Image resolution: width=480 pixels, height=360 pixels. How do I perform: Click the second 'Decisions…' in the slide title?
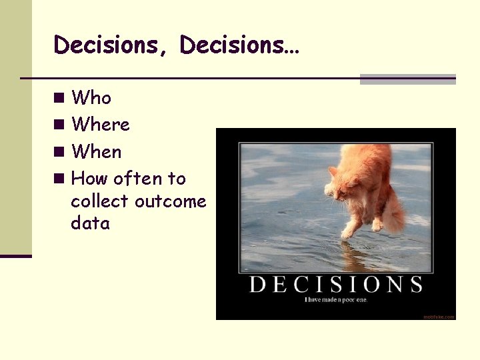pos(239,45)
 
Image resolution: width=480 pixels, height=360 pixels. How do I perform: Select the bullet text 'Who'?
pos(91,98)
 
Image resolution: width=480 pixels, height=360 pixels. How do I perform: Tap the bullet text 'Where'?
pos(101,125)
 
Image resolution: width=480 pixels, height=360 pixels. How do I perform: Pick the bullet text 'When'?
pos(97,152)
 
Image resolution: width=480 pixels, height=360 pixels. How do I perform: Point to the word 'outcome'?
pos(171,201)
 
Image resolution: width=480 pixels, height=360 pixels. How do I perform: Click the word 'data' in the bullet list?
pos(90,223)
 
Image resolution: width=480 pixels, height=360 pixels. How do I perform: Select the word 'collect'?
pos(100,201)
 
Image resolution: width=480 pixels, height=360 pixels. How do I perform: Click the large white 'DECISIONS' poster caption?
pos(336,285)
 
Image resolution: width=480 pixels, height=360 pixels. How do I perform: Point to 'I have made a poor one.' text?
pos(336,300)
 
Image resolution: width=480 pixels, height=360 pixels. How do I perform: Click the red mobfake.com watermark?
pos(438,317)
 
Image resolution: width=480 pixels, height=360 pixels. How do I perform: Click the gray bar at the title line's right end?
pos(407,79)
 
